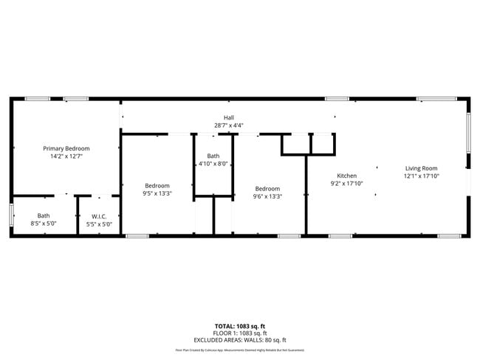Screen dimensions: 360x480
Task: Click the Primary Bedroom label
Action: pyautogui.click(x=66, y=148)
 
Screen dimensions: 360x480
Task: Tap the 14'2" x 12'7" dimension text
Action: pyautogui.click(x=66, y=156)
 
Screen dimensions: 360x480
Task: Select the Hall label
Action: pyautogui.click(x=229, y=118)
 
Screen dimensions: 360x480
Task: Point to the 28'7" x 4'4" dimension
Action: pyautogui.click(x=229, y=125)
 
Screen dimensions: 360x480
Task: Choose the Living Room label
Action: pyautogui.click(x=421, y=168)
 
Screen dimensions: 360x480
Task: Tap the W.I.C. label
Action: pyautogui.click(x=99, y=216)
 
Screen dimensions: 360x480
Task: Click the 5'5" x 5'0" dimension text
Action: pyautogui.click(x=99, y=224)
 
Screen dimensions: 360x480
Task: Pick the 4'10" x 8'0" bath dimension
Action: pyautogui.click(x=213, y=164)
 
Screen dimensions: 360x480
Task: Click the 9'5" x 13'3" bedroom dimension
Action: pyautogui.click(x=157, y=193)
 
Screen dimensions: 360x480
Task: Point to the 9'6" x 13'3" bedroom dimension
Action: pyautogui.click(x=267, y=196)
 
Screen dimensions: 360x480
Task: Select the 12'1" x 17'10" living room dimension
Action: pyautogui.click(x=421, y=176)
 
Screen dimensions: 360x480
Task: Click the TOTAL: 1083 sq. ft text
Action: pyautogui.click(x=239, y=325)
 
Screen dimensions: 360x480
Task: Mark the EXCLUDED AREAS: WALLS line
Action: pyautogui.click(x=239, y=340)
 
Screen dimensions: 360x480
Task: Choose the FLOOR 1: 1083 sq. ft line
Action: pyautogui.click(x=239, y=333)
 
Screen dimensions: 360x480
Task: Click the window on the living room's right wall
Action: pyautogui.click(x=467, y=133)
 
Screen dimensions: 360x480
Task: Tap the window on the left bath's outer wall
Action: pyautogui.click(x=11, y=215)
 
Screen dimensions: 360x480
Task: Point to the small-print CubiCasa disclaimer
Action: pyautogui.click(x=239, y=350)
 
